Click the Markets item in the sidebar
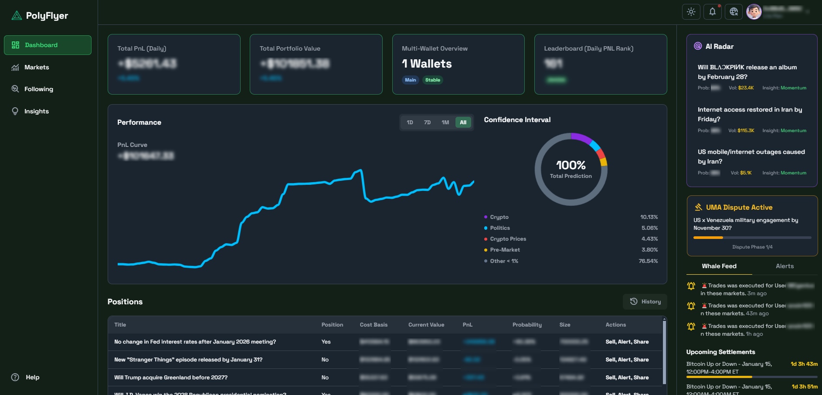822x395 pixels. coord(37,67)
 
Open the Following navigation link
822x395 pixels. coord(38,89)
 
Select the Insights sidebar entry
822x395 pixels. coord(36,111)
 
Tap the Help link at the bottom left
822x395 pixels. coord(32,377)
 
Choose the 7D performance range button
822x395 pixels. coord(427,123)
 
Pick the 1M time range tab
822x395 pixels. coord(445,123)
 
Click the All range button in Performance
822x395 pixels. coord(463,123)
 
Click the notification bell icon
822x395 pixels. coord(712,12)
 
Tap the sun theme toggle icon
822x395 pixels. coord(691,12)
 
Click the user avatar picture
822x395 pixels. coord(754,12)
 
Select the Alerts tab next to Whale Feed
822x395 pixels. coord(785,266)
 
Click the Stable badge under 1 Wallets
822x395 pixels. coord(432,80)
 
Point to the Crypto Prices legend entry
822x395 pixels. coord(508,239)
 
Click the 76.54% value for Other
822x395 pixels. coord(648,261)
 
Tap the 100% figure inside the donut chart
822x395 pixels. coord(571,165)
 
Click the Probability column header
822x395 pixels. coord(527,325)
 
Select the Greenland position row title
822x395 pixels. coord(171,378)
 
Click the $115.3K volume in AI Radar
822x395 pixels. coord(746,130)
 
